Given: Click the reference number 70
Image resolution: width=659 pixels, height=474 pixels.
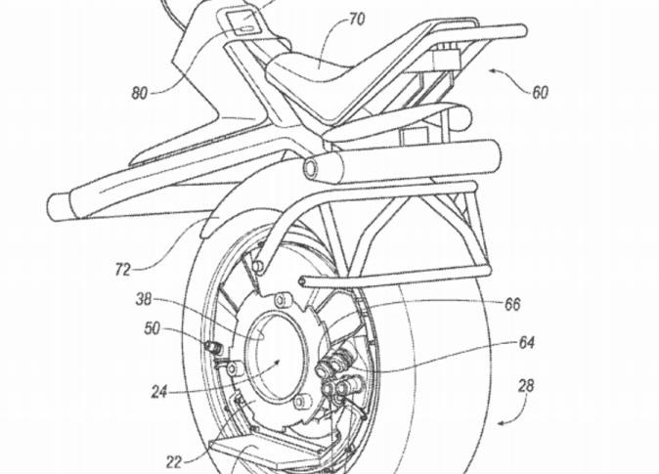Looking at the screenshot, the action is (357, 20).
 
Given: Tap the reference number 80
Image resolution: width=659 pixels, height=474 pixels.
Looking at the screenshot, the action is (140, 93).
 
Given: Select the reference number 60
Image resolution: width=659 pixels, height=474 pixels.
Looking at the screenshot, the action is (540, 93).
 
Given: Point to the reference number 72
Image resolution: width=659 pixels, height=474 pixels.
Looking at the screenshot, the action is (123, 270).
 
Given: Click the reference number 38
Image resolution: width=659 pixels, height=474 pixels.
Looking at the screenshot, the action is (144, 299).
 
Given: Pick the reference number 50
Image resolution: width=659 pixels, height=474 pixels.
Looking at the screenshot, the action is (153, 328).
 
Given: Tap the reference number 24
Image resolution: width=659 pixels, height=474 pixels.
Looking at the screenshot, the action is (159, 393).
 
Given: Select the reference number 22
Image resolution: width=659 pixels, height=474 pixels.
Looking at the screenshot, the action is (174, 462).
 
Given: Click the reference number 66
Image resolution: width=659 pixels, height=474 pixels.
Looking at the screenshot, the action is (512, 304).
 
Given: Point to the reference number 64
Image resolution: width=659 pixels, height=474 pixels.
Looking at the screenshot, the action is (526, 343).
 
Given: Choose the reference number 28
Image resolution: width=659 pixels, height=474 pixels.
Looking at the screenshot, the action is (526, 385).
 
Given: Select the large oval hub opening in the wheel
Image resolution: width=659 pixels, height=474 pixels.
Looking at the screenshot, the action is (276, 354).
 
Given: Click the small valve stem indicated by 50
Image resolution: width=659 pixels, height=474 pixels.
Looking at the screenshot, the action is (213, 348).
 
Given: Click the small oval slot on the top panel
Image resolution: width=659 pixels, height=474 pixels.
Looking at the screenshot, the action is (245, 29).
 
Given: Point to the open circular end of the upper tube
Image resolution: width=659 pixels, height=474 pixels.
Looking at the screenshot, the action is (311, 166).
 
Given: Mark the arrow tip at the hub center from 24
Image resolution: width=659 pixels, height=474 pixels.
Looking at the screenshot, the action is (278, 361).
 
